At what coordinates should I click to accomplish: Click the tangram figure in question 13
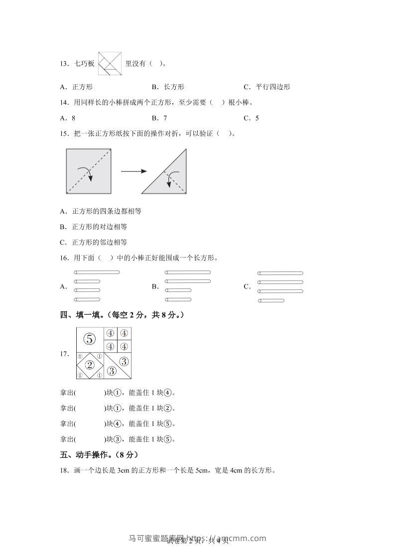(x=110, y=64)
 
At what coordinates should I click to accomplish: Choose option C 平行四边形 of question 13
(x=267, y=87)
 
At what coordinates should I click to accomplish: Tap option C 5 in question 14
(x=252, y=118)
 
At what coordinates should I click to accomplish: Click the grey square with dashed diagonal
(x=88, y=171)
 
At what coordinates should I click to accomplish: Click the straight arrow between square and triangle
(x=133, y=171)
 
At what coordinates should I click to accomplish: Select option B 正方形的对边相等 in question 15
(x=93, y=227)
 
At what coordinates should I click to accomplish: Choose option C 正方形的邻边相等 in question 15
(x=93, y=242)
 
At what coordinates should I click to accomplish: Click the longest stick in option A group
(x=97, y=273)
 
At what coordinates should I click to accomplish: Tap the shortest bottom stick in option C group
(x=271, y=300)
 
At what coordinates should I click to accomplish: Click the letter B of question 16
(x=155, y=286)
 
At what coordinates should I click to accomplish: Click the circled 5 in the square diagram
(x=90, y=339)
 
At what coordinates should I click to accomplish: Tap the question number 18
(x=63, y=470)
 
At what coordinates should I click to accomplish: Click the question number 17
(x=63, y=354)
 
